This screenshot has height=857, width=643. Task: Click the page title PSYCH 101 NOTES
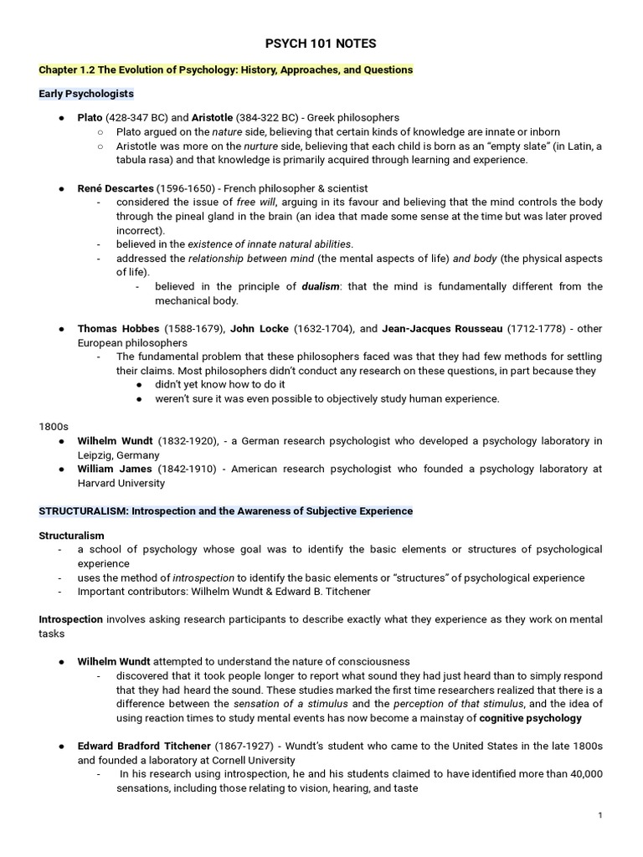(x=321, y=44)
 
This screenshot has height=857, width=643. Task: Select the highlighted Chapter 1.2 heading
(x=226, y=69)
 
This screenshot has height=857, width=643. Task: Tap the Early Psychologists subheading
(x=86, y=94)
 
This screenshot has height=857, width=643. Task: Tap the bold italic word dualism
(x=321, y=286)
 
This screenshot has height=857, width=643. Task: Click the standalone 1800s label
(x=53, y=426)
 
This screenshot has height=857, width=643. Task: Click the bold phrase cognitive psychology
(x=531, y=718)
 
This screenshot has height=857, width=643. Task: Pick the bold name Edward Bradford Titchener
(x=144, y=746)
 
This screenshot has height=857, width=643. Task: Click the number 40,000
(x=582, y=774)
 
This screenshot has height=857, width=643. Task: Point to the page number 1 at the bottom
(x=600, y=815)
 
